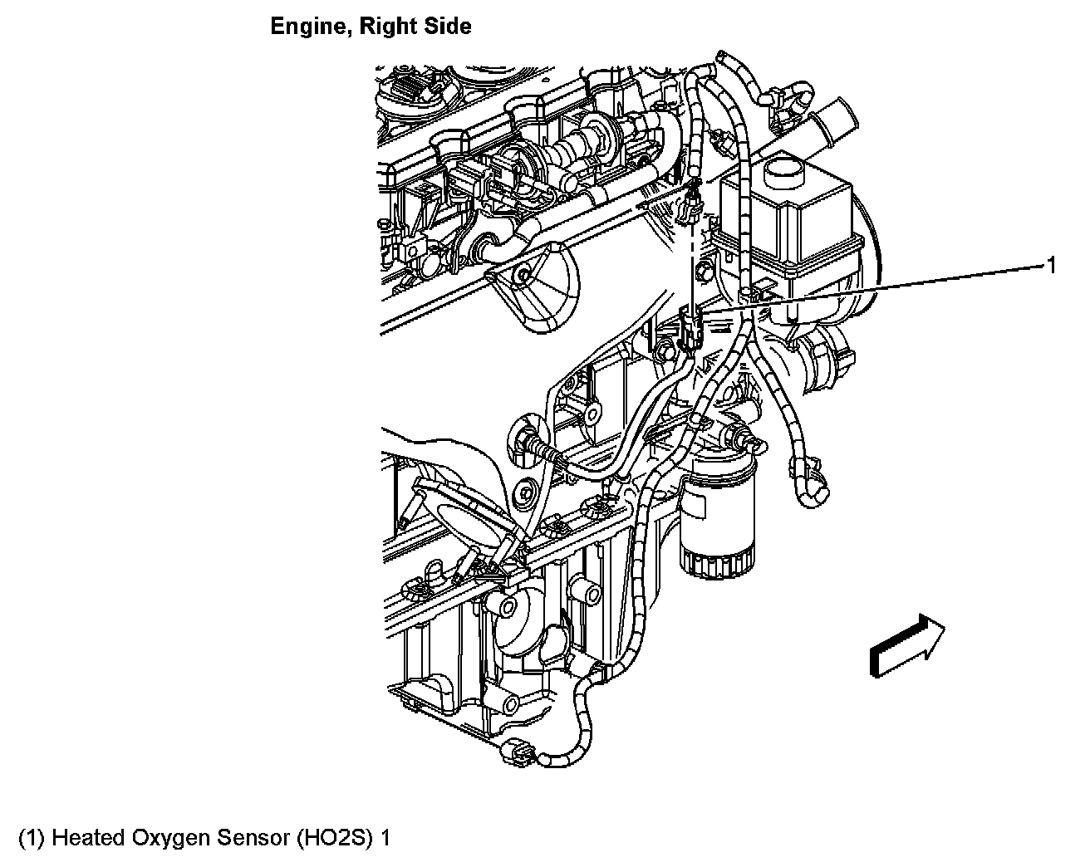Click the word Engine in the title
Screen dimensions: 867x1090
click(303, 27)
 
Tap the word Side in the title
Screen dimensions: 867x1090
click(448, 27)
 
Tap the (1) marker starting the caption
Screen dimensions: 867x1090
click(32, 837)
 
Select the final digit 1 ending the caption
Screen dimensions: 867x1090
click(385, 837)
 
